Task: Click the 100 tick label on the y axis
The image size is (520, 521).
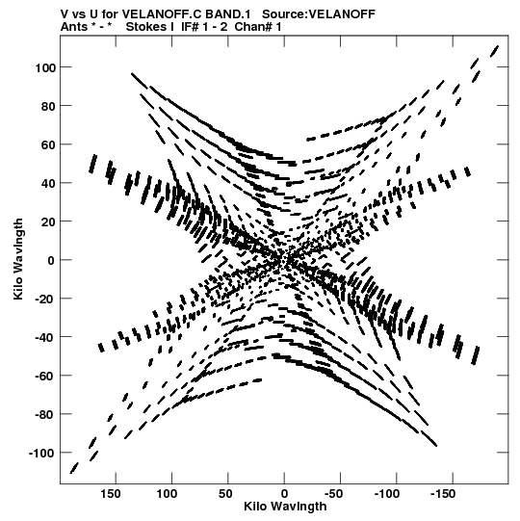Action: click(45, 67)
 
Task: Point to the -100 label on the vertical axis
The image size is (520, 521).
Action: click(41, 454)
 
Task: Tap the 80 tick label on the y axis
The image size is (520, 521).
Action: click(48, 106)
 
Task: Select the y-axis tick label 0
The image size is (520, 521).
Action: click(51, 260)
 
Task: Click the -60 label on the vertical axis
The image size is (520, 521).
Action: click(45, 377)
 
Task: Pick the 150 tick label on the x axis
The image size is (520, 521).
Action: click(111, 494)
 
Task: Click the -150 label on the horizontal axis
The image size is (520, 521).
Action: click(443, 494)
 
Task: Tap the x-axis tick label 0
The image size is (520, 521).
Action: click(284, 494)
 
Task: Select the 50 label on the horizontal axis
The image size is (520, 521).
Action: click(225, 494)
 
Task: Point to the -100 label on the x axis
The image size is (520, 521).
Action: click(387, 494)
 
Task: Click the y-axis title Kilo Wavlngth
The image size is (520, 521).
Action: click(18, 259)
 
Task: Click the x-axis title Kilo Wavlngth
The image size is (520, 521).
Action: click(285, 507)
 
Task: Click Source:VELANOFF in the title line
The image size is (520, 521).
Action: click(319, 14)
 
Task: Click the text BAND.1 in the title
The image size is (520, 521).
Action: click(228, 14)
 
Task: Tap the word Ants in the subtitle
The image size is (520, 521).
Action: click(74, 27)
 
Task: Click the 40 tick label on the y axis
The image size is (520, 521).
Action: click(48, 183)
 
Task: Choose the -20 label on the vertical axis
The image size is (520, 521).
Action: click(45, 300)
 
